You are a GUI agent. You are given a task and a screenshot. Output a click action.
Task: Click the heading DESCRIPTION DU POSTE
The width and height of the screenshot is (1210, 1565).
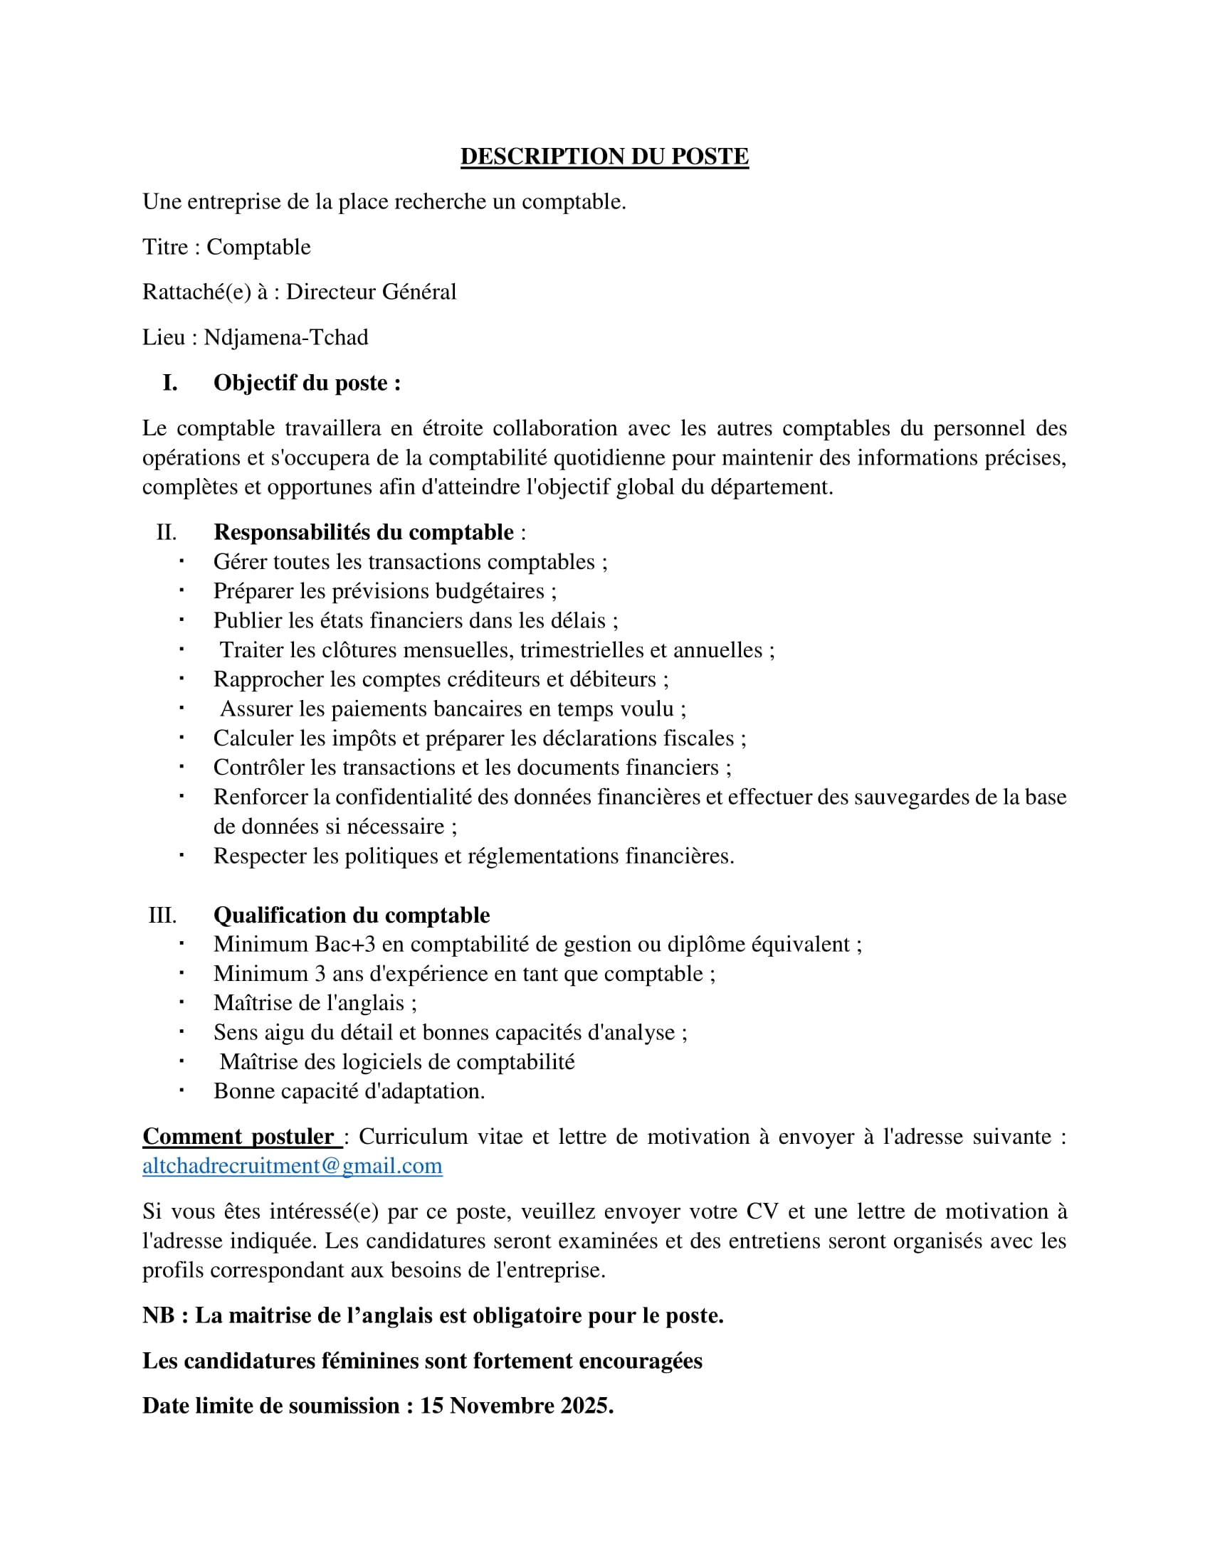coord(604,156)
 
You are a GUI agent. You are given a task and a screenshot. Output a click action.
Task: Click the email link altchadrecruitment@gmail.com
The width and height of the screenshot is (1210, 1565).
coord(292,1166)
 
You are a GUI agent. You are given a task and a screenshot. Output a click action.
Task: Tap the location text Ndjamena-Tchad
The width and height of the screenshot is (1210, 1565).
coord(285,336)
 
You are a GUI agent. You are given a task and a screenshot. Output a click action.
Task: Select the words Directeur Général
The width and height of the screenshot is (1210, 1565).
coord(371,292)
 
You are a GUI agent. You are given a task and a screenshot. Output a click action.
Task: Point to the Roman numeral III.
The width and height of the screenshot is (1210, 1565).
coord(162,915)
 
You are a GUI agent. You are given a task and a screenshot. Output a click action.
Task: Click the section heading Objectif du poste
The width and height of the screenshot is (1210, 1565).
coord(306,383)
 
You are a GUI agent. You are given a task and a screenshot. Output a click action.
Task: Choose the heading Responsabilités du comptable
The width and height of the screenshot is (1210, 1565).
coord(364,531)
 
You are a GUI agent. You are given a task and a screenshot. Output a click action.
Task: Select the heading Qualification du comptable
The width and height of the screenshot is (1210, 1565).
coord(351,915)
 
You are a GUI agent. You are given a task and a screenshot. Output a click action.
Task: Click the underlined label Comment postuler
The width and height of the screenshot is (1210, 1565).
coord(238,1137)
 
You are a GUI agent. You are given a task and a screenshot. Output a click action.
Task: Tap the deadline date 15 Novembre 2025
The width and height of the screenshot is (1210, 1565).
coord(515,1406)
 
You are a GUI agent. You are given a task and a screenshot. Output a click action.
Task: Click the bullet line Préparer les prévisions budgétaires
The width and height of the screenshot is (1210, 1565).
coord(384,591)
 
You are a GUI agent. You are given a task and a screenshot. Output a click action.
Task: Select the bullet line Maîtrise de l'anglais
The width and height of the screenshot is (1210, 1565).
coord(315,1003)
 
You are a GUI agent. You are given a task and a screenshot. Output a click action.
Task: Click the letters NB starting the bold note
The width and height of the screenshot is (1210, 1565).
coord(159,1315)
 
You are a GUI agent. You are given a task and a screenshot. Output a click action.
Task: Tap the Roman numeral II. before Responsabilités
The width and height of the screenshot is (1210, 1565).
coord(167,532)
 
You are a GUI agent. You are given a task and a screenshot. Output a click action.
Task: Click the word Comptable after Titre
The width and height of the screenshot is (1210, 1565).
coord(258,248)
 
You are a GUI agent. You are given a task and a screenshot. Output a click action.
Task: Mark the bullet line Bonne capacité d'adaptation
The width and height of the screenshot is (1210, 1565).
coord(348,1091)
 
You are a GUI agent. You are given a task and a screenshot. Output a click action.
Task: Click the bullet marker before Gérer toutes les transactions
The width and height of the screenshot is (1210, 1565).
coord(182,561)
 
